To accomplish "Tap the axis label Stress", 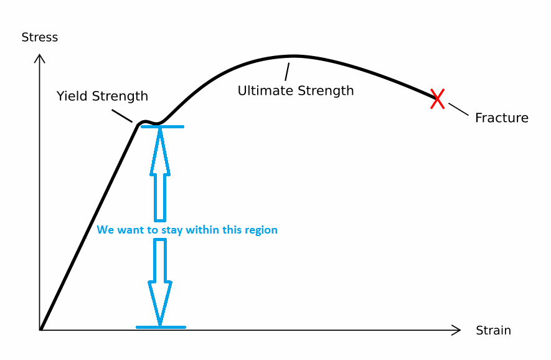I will (39, 37).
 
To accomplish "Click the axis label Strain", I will (493, 330).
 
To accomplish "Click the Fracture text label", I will (501, 118).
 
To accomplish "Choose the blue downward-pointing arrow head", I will (160, 303).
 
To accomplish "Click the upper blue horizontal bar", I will (162, 127).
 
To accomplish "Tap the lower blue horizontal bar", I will (161, 327).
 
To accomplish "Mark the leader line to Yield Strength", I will (121, 116).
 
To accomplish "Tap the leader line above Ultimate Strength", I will (288, 72).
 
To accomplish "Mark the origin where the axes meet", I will (40, 329).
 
